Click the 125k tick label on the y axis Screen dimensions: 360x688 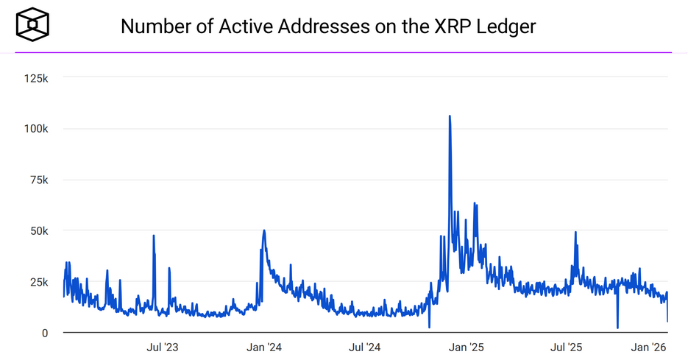click(x=35, y=77)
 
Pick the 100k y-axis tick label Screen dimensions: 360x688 click(x=35, y=129)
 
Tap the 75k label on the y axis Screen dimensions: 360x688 click(x=38, y=180)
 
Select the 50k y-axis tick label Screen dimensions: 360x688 click(x=38, y=231)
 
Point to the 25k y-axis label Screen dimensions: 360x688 click(x=38, y=282)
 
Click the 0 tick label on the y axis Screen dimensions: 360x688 click(x=44, y=333)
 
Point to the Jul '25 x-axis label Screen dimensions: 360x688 click(x=567, y=347)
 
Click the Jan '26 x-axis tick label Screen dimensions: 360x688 click(x=650, y=347)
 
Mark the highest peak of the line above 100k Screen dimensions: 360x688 click(x=450, y=116)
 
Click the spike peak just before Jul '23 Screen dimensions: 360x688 click(x=154, y=236)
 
